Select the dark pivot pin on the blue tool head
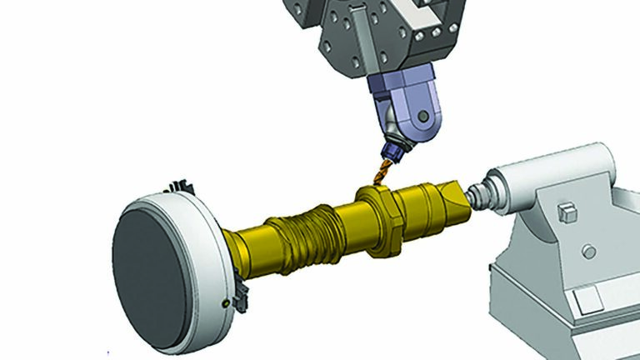424,116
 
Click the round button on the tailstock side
591,250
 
